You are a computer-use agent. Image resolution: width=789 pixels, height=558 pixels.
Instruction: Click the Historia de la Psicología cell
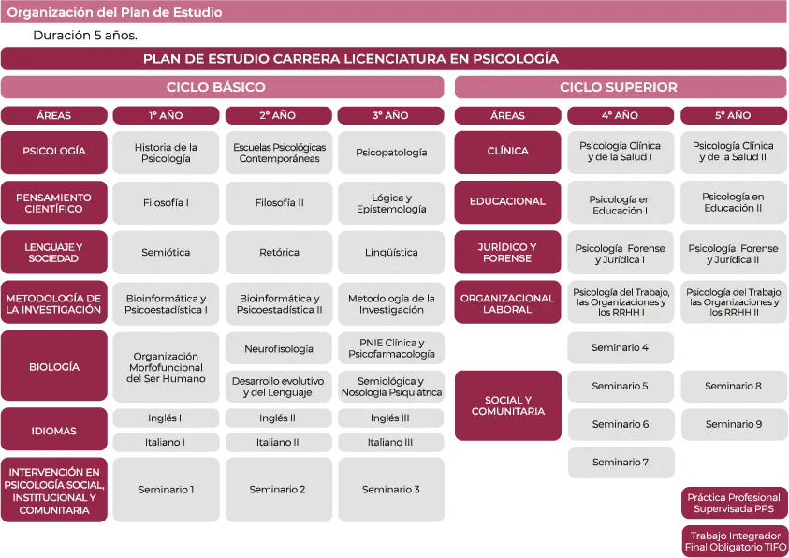pyautogui.click(x=166, y=153)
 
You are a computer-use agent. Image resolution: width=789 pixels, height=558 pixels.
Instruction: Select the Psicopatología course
pyautogui.click(x=390, y=153)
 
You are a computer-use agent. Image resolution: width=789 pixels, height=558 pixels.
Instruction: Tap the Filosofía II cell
pyautogui.click(x=279, y=203)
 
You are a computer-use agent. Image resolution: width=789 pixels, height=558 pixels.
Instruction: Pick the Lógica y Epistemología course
pyautogui.click(x=390, y=203)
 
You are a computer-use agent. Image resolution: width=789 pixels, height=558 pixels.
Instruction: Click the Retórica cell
pyautogui.click(x=279, y=253)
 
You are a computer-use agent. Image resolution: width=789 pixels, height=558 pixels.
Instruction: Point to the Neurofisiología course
pyautogui.click(x=279, y=349)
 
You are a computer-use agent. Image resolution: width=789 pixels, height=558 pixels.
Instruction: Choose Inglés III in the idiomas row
pyautogui.click(x=390, y=418)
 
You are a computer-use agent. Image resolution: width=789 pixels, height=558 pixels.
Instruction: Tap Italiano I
pyautogui.click(x=166, y=442)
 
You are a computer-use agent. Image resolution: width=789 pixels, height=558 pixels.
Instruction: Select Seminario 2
pyautogui.click(x=277, y=490)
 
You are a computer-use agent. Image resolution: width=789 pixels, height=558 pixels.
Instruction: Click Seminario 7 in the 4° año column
pyautogui.click(x=620, y=462)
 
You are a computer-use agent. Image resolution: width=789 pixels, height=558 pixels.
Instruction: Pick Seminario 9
pyautogui.click(x=733, y=424)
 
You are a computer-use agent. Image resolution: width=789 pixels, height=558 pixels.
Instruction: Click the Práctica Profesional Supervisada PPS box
pyautogui.click(x=734, y=503)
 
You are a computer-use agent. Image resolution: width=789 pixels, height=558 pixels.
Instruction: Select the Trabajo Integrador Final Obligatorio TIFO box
pyautogui.click(x=735, y=541)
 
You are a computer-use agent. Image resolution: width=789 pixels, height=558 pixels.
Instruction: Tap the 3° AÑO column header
pyautogui.click(x=390, y=116)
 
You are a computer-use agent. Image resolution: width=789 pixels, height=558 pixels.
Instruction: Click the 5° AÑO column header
pyautogui.click(x=733, y=116)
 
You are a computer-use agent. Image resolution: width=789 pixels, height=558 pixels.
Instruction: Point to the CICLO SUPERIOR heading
pyautogui.click(x=619, y=87)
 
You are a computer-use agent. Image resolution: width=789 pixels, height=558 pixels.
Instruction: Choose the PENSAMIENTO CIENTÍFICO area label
pyautogui.click(x=53, y=203)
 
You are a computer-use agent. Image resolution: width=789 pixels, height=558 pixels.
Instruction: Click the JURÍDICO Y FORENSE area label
pyautogui.click(x=507, y=253)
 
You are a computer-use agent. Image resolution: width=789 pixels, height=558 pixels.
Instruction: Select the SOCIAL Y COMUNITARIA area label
pyautogui.click(x=507, y=405)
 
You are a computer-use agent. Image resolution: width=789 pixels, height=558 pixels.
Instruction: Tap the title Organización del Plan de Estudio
pyautogui.click(x=114, y=13)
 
